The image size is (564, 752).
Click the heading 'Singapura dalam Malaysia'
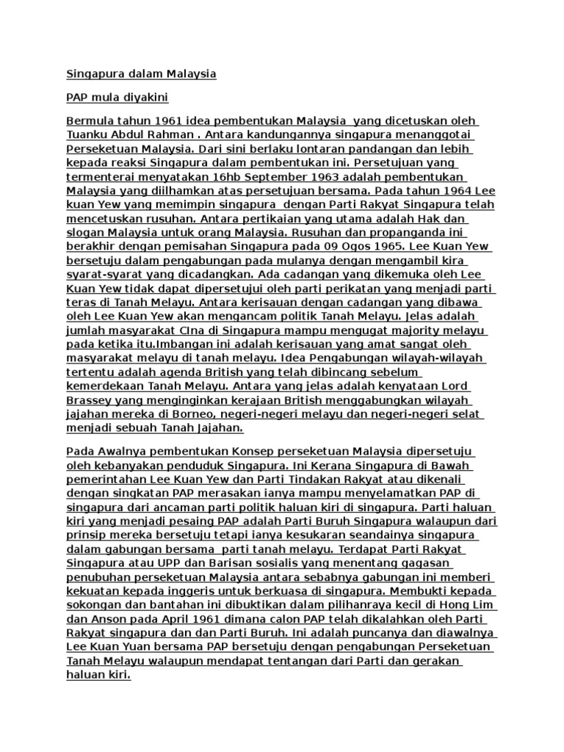[142, 74]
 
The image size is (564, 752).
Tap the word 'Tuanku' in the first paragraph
[89, 134]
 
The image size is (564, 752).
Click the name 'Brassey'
[90, 400]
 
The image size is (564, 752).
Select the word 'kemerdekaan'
[106, 386]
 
